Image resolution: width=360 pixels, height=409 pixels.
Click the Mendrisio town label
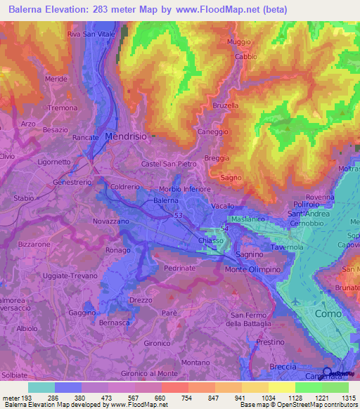pos(125,137)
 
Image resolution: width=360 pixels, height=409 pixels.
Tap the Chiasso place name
pos(212,241)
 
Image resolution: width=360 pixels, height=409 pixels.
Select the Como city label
pos(329,313)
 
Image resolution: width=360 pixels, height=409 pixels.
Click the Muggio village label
pos(239,41)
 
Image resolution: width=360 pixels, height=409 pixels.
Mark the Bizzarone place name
pos(34,244)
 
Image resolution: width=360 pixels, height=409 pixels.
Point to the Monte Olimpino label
pos(253,269)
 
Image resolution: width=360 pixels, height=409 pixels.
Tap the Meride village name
pos(56,79)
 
